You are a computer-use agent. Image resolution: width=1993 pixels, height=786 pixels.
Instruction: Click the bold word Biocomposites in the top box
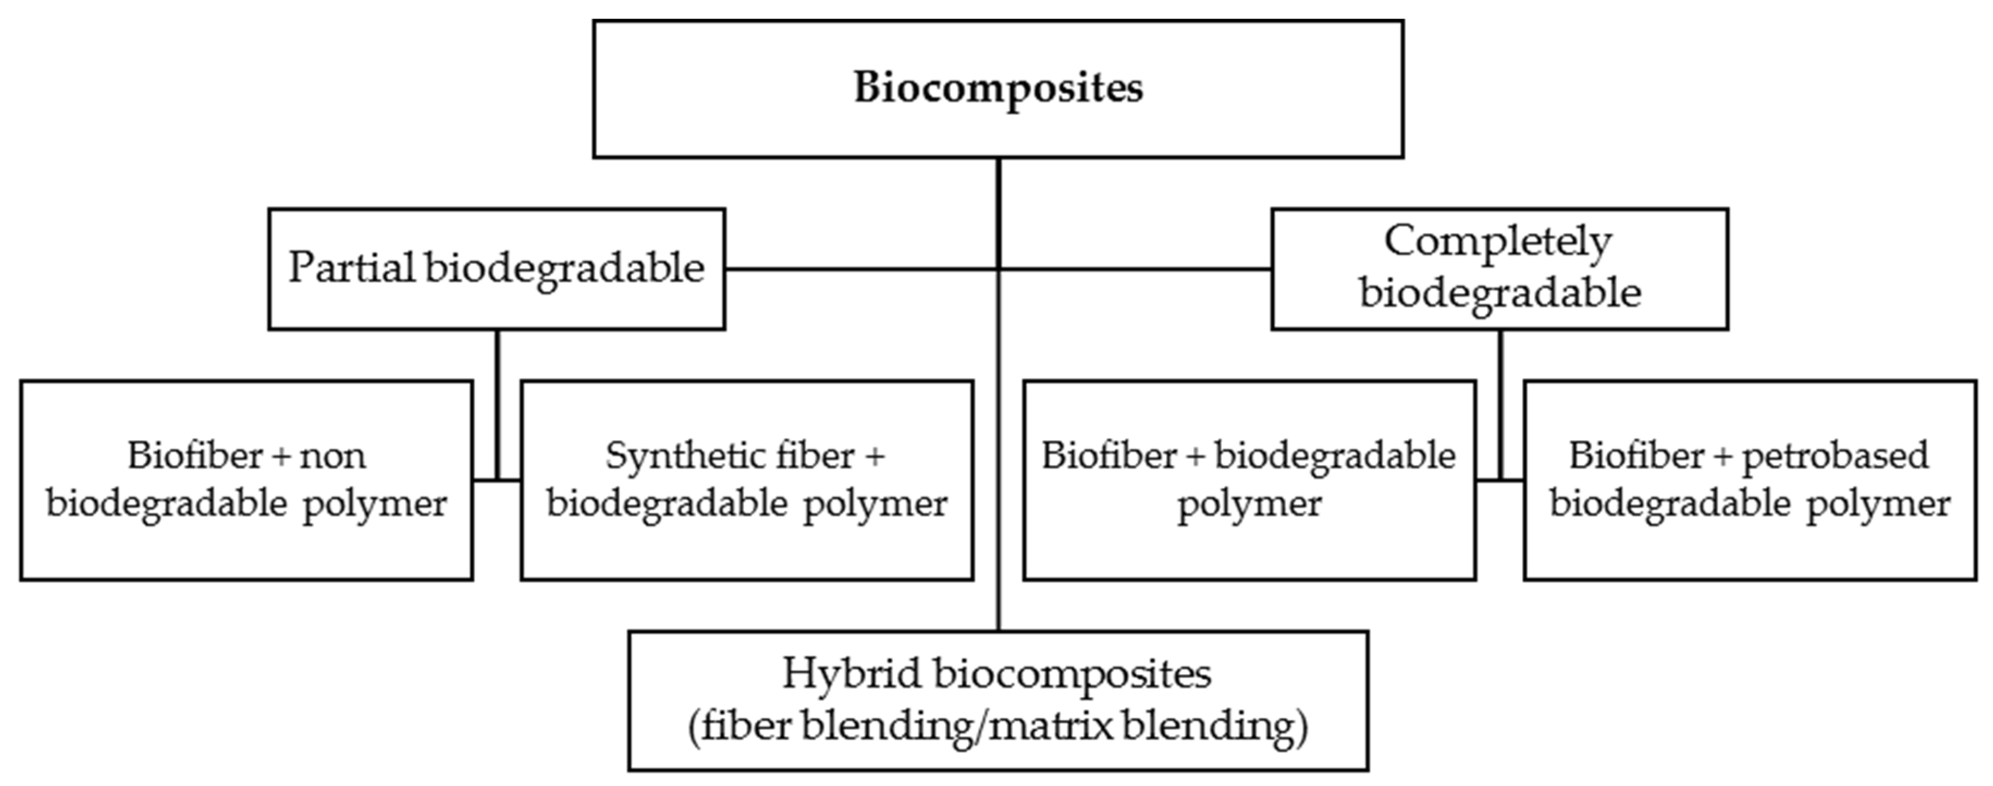pos(998,88)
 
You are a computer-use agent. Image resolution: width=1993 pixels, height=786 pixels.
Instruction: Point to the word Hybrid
pos(852,674)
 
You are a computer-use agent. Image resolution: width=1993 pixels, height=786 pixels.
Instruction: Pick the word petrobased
pos(1835,457)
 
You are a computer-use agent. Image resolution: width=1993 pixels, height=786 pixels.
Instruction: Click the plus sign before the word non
pos(282,457)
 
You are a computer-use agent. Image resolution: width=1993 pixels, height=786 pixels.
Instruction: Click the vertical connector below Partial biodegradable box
pos(497,402)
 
